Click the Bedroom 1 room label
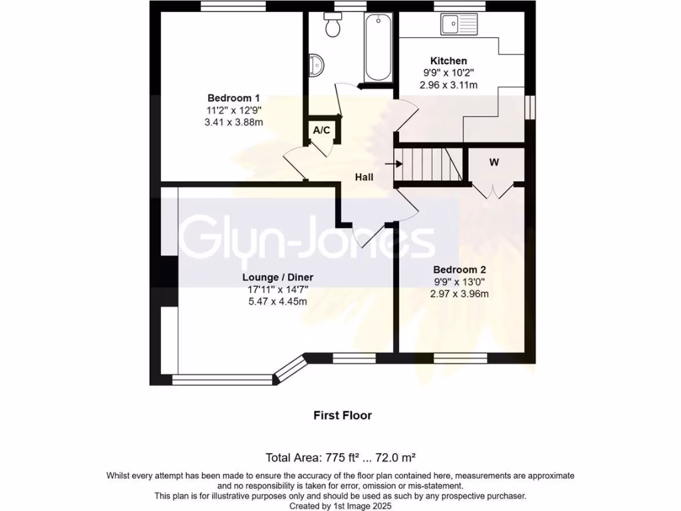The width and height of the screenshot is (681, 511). point(224,98)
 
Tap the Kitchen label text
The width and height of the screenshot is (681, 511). point(448,61)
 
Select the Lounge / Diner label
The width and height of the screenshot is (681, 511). point(277,277)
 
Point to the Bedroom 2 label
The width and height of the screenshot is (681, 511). point(460,269)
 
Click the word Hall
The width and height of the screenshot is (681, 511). point(364,177)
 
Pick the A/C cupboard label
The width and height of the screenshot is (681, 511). point(322,130)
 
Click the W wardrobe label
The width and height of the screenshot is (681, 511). point(494,162)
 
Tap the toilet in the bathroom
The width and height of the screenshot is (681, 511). point(333,25)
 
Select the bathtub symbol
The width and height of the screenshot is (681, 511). point(378,47)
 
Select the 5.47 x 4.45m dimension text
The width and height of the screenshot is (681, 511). point(277,301)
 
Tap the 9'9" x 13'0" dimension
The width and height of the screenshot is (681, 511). point(460,281)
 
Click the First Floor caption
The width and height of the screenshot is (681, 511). point(342,415)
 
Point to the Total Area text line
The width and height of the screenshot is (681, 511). point(340,457)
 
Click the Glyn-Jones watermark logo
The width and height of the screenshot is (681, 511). point(307,238)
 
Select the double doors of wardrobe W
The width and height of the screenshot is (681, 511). point(491,191)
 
